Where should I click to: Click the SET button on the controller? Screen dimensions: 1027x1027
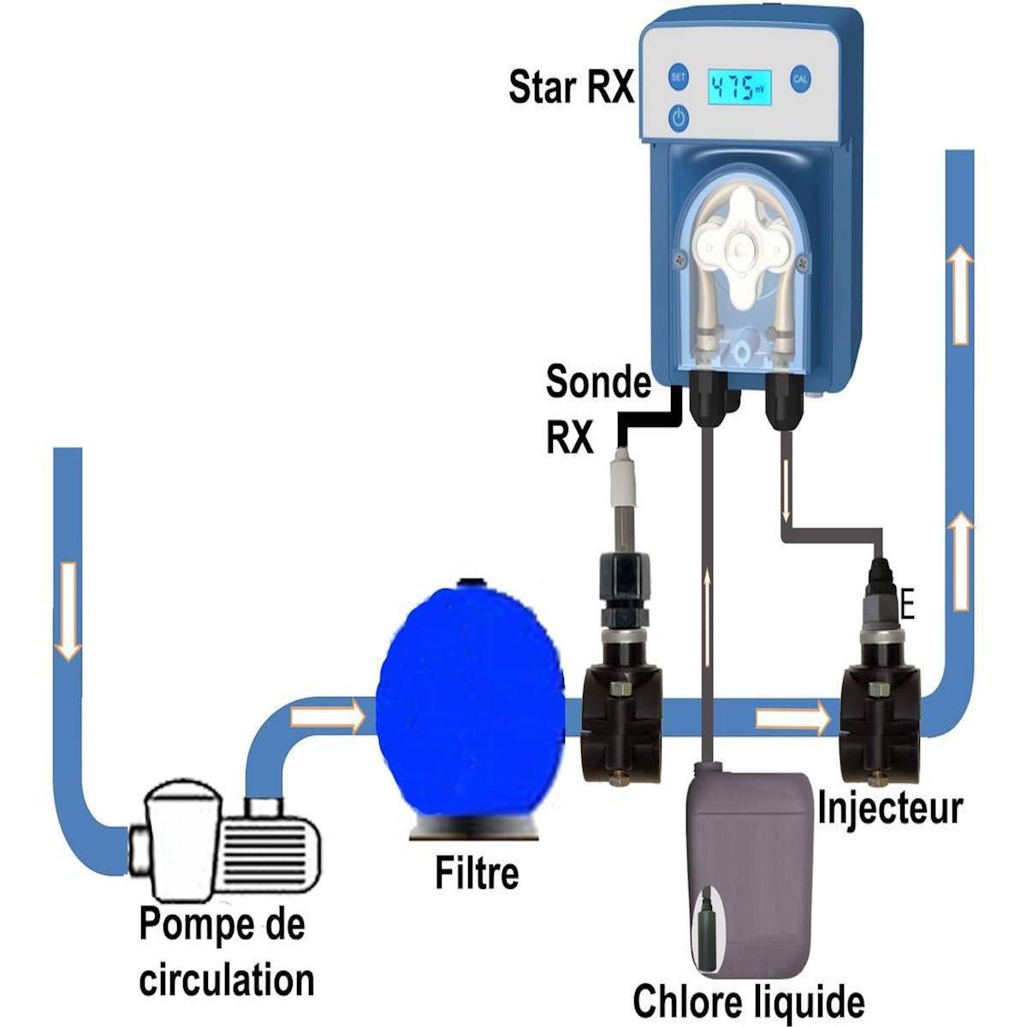coord(678,76)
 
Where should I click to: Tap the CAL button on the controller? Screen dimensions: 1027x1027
coord(799,78)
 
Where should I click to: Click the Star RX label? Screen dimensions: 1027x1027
coord(571,86)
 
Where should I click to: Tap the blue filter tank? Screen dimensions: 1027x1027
coord(470,707)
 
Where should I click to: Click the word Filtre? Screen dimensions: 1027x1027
coord(476,873)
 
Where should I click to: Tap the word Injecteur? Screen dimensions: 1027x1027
coord(890,807)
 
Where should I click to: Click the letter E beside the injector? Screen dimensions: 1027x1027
coord(908,607)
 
